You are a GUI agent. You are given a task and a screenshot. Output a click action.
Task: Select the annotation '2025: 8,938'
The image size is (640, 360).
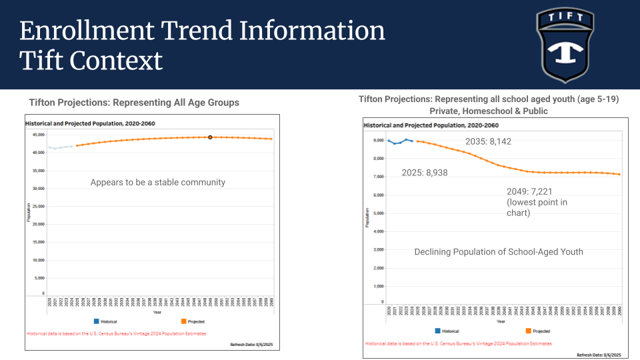coord(425,172)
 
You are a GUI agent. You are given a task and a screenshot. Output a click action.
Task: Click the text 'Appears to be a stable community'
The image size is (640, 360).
coord(158,182)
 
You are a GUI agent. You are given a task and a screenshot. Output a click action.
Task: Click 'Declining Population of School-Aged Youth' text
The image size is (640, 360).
coord(499,251)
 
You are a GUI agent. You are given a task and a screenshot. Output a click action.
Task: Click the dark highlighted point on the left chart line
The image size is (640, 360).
coord(210,137)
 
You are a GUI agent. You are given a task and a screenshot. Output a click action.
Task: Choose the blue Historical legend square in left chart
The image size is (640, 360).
coord(97,321)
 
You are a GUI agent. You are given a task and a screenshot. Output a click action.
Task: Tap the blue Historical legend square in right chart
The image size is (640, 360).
coord(437,331)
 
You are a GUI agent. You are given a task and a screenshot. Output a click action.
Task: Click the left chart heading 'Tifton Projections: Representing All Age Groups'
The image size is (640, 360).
coord(134,103)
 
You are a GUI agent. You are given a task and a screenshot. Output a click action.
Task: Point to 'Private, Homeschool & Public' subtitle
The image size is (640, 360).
coord(489,111)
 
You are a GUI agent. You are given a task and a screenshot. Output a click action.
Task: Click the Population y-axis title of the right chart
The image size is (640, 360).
coord(367,217)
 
